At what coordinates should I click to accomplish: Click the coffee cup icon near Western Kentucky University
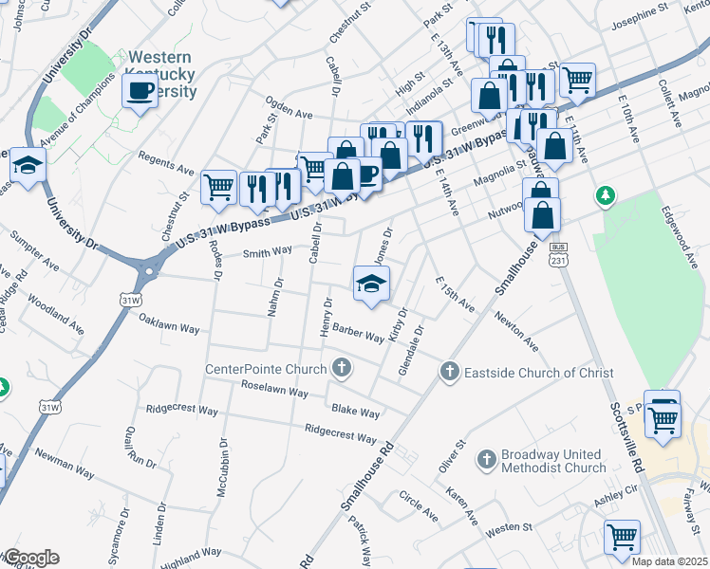click(x=140, y=92)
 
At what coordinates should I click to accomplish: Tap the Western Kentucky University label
click(x=161, y=75)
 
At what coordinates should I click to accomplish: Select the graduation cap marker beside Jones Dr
click(x=372, y=284)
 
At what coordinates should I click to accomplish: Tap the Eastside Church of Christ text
click(x=538, y=373)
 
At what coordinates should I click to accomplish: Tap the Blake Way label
click(x=356, y=412)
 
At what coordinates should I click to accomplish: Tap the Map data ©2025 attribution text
click(x=669, y=561)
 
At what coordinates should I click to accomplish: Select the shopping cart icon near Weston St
click(x=623, y=537)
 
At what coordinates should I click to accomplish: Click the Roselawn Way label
click(x=275, y=391)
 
